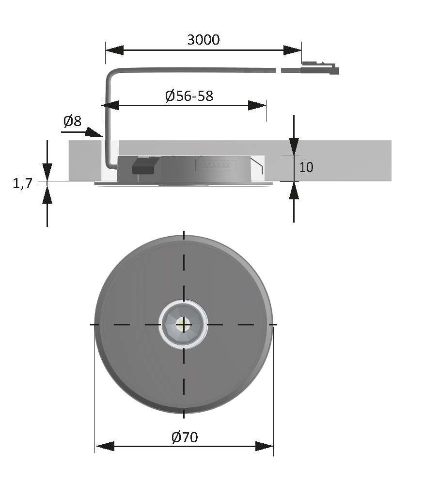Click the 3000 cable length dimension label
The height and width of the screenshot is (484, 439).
[x=204, y=40]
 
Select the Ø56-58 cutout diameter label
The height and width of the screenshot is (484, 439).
[x=189, y=96]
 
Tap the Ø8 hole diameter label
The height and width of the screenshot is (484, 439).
[x=72, y=121]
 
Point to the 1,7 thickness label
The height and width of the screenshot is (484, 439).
[x=22, y=183]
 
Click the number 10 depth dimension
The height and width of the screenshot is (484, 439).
[x=306, y=167]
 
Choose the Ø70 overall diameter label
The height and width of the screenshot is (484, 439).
[x=185, y=437]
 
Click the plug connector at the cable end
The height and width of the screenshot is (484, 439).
[x=320, y=68]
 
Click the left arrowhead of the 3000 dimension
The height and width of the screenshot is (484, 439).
[x=114, y=50]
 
